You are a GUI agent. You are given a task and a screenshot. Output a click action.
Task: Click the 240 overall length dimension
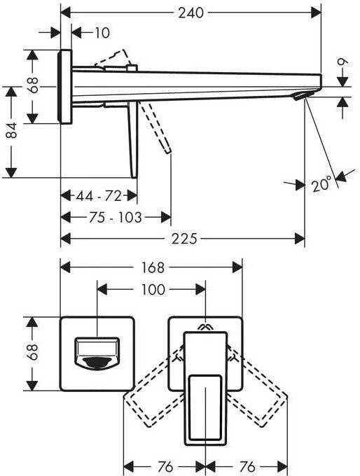click(191, 13)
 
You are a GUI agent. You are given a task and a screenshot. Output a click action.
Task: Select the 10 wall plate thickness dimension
click(102, 33)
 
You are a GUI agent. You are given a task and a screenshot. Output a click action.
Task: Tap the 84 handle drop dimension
click(12, 130)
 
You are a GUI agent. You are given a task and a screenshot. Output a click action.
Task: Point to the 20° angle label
click(321, 184)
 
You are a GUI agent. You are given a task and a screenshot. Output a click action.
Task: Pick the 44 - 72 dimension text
click(99, 196)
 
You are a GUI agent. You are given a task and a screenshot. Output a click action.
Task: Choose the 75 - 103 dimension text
click(116, 218)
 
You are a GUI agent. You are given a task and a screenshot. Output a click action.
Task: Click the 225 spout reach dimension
click(184, 239)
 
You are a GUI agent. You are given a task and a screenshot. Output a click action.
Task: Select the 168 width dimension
click(153, 267)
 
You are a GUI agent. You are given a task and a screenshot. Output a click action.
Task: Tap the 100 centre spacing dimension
click(153, 290)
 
